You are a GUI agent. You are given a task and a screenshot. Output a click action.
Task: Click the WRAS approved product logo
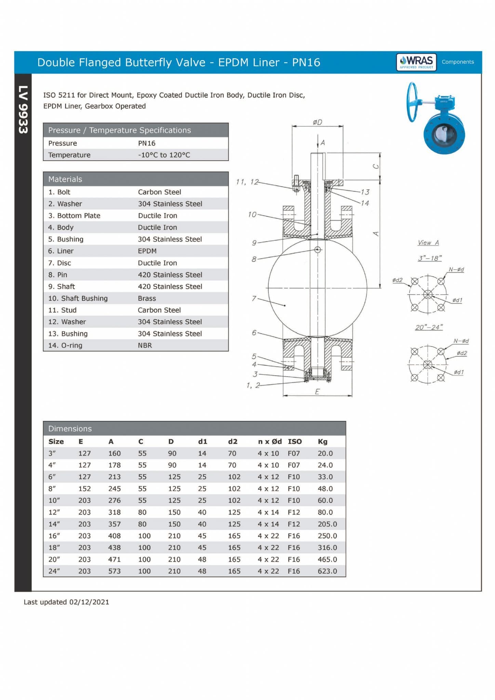416,62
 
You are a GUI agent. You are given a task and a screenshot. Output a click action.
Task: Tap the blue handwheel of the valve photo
412,102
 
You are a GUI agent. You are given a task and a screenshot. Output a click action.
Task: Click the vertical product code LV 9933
23,109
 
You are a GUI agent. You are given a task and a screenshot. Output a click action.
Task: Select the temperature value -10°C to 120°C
164,155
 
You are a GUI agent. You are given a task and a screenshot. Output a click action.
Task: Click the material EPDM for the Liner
147,251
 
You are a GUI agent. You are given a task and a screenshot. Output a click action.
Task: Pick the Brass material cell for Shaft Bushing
147,298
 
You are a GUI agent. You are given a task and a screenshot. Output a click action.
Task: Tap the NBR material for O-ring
145,345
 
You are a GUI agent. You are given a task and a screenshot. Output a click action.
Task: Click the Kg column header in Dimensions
322,442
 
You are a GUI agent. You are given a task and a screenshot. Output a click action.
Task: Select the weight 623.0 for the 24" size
327,571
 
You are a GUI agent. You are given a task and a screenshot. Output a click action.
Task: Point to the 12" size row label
54,512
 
